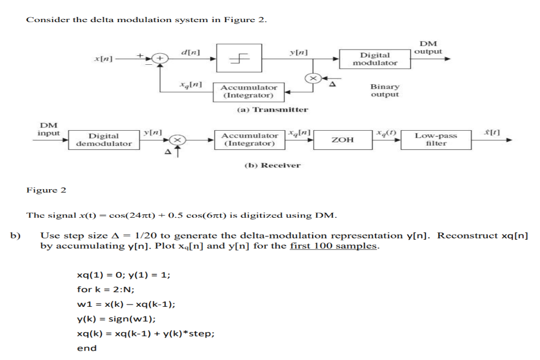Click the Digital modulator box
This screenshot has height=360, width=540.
(x=375, y=59)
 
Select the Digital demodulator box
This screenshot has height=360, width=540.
(x=104, y=140)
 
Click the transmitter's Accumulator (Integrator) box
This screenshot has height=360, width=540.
(x=248, y=92)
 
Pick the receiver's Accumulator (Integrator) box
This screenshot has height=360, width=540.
(x=249, y=140)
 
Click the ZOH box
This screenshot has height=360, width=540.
(x=343, y=140)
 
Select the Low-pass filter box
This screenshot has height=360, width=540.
(x=436, y=140)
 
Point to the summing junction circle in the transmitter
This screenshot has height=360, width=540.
(x=160, y=59)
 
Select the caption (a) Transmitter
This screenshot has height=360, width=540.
(x=272, y=110)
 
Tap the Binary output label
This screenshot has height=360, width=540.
(x=385, y=90)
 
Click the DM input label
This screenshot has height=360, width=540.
(x=49, y=129)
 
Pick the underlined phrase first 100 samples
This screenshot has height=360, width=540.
(x=334, y=246)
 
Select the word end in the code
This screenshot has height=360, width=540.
(x=86, y=348)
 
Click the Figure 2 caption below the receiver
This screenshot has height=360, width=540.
(x=46, y=190)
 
